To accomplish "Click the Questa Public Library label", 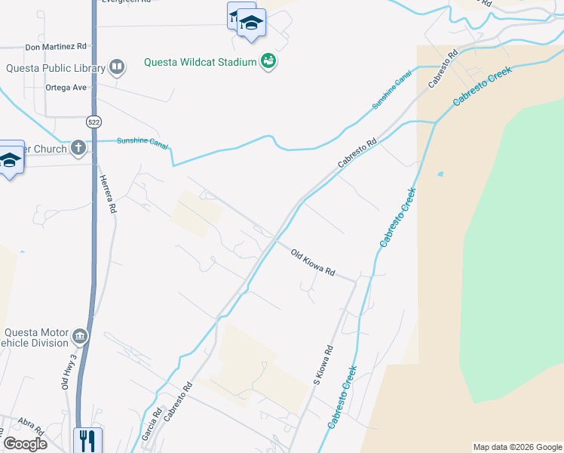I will tap(55, 67).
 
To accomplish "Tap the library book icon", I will tap(116, 68).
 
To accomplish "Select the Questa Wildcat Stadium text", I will tap(201, 62).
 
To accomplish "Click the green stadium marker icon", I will tap(268, 61).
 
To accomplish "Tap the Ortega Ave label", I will tap(66, 88).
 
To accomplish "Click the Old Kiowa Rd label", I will tap(312, 262).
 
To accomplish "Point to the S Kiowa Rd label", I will tap(323, 366).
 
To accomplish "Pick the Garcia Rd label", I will tap(153, 426).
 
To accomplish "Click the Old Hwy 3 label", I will tap(69, 372).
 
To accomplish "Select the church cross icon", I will tap(78, 148).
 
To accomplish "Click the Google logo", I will tap(26, 444).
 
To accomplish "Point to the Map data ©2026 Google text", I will tap(517, 447).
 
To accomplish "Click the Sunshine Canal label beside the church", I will tap(142, 141).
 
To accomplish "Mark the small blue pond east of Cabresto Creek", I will tap(440, 174).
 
